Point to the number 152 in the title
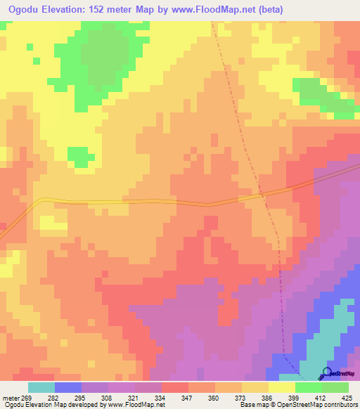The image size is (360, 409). (x=111, y=9)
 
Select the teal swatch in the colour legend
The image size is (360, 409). (x=41, y=387)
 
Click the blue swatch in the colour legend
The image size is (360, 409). (x=67, y=387)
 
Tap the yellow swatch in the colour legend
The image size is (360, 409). (x=281, y=387)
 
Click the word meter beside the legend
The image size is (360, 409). (x=13, y=397)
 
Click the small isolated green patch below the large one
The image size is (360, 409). (x=81, y=157)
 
